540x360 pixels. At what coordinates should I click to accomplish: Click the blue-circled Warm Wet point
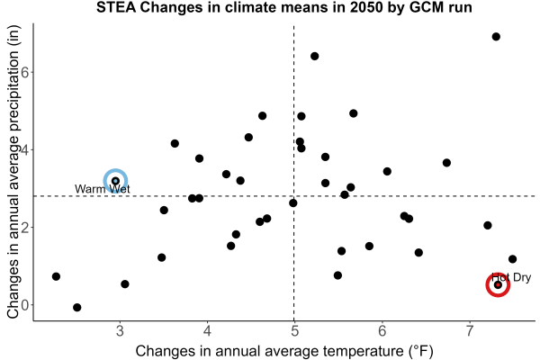click(x=115, y=181)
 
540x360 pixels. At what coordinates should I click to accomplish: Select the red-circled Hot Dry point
click(x=498, y=285)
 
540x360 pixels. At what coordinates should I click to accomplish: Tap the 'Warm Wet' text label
click(x=103, y=189)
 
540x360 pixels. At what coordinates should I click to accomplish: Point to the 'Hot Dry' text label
click(x=511, y=277)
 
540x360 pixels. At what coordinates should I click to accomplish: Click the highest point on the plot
click(x=496, y=37)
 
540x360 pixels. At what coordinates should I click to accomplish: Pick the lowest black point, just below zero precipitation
click(x=77, y=307)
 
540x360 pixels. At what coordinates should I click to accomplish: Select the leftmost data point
click(x=56, y=276)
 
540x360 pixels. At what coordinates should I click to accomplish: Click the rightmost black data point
click(x=512, y=259)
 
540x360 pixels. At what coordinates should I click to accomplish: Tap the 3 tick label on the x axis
click(x=120, y=331)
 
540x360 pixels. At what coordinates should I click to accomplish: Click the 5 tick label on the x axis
click(x=294, y=331)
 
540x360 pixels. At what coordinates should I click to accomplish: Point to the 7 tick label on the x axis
click(x=470, y=331)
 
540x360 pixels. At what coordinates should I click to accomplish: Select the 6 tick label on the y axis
click(x=25, y=72)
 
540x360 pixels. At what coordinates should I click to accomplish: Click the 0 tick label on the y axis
click(x=25, y=305)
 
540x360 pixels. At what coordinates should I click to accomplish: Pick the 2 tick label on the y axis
click(x=25, y=228)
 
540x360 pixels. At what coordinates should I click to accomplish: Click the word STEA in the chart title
click(x=116, y=7)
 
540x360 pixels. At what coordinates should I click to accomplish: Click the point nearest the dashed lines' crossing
click(x=293, y=203)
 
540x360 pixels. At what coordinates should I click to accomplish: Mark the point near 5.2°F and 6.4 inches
click(x=314, y=56)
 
